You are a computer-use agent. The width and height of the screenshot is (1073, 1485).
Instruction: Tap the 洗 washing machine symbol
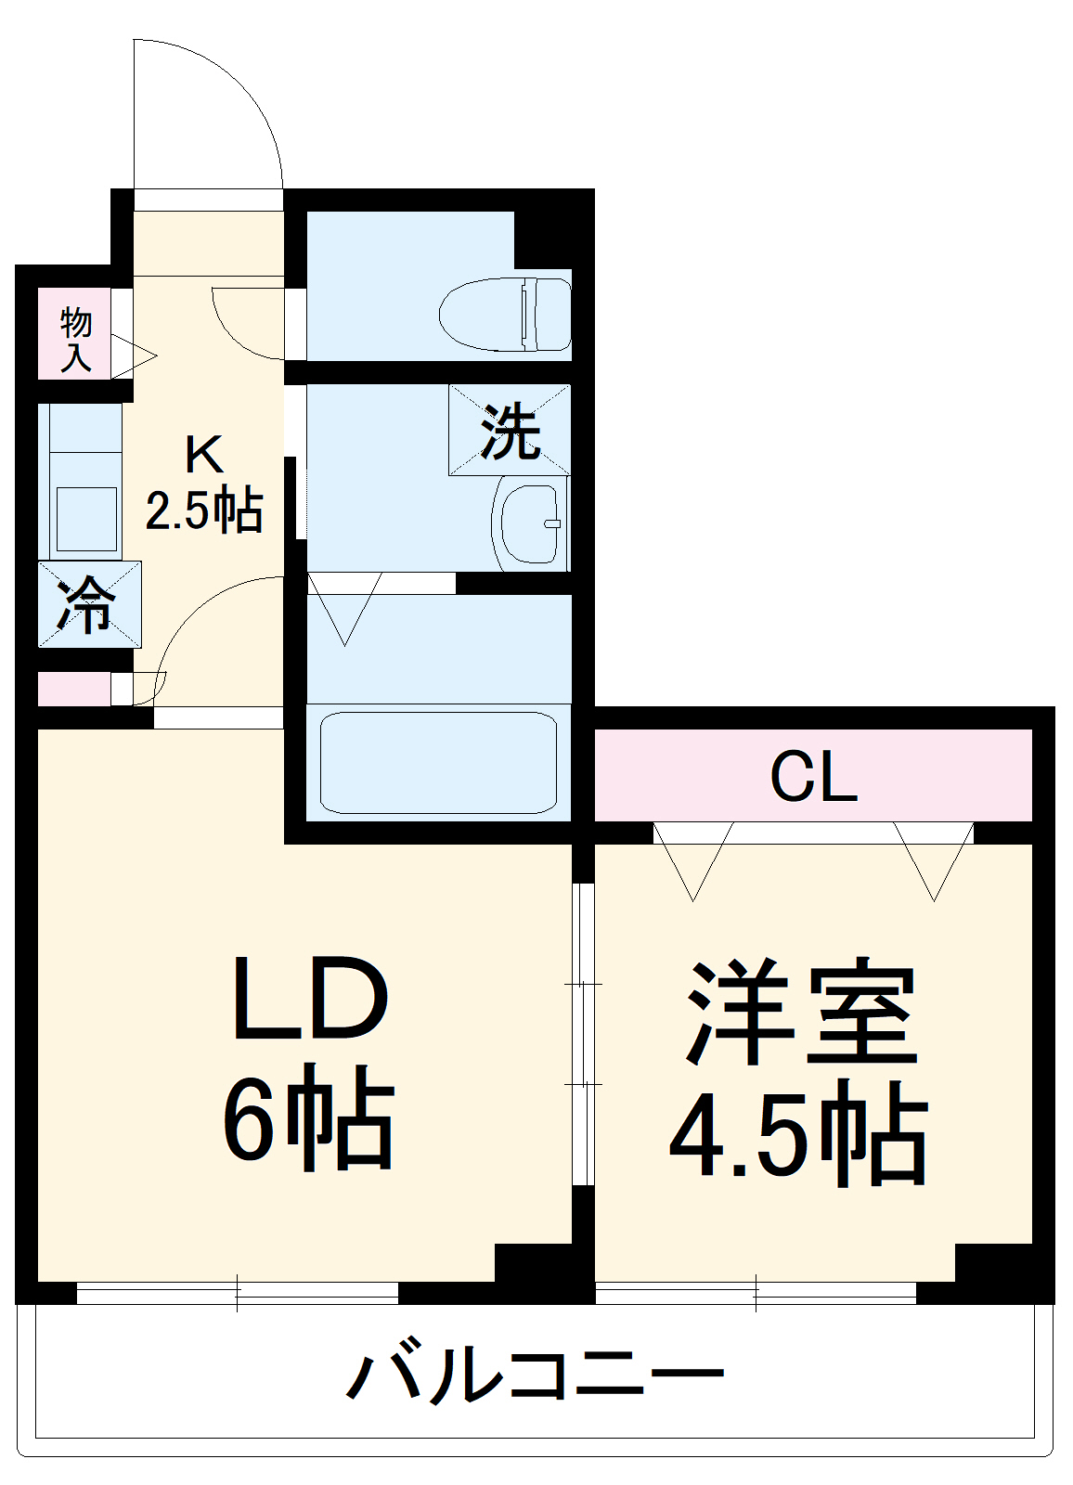(510, 430)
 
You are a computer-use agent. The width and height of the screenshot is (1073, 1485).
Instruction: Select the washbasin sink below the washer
(529, 523)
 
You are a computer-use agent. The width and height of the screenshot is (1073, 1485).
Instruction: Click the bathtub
(438, 762)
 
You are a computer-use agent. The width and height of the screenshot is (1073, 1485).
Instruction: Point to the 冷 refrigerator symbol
(89, 604)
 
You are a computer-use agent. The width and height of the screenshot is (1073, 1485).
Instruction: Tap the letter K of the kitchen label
(204, 456)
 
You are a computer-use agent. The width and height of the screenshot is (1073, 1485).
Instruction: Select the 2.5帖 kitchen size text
(204, 510)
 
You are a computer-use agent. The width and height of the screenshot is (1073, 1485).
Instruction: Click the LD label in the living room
(308, 999)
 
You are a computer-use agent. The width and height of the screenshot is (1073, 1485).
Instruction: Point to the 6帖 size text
(308, 1119)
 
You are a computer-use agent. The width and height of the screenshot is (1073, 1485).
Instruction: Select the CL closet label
(813, 776)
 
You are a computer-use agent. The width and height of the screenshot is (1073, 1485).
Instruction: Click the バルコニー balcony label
(535, 1375)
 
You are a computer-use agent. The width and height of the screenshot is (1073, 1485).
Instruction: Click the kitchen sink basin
(86, 519)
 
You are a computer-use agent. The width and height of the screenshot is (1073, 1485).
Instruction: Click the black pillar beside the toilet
(543, 239)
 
